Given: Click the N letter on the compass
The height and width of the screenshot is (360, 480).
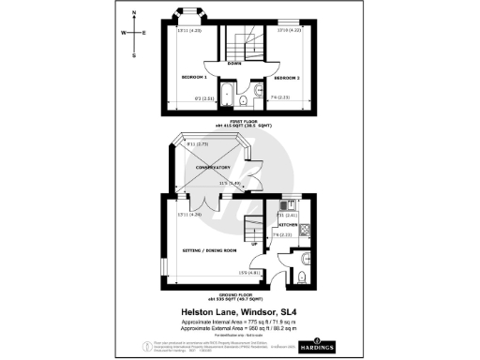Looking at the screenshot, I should tap(134, 13).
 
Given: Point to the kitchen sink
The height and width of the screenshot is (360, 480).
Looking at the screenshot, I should tap(283, 207).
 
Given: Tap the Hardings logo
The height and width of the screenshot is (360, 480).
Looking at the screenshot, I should tap(322, 346).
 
